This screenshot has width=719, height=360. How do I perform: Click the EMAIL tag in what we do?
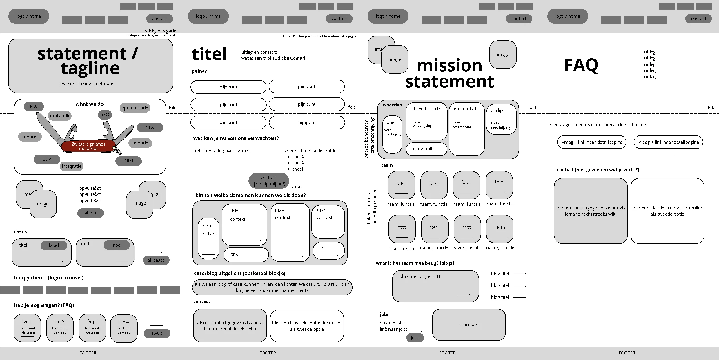[34, 106]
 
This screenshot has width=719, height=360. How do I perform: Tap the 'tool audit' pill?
[59, 116]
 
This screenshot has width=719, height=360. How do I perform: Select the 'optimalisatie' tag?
[135, 108]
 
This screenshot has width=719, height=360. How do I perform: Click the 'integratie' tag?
[71, 166]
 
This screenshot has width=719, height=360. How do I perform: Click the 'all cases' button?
[156, 260]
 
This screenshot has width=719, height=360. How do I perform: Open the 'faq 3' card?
[92, 328]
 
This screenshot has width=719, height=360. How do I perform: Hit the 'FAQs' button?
[157, 333]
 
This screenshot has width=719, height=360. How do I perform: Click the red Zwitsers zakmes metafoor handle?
[88, 146]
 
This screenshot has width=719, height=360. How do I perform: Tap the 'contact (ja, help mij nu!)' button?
[268, 180]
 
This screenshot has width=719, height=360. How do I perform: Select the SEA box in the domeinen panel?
[246, 255]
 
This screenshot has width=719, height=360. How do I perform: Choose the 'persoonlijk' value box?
[426, 149]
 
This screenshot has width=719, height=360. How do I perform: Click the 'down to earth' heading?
[426, 109]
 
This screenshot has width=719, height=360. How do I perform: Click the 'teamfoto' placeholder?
[469, 324]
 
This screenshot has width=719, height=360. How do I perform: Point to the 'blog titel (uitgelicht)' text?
[419, 276]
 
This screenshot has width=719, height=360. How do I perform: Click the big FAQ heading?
[581, 65]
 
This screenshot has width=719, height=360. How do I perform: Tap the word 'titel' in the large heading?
[209, 54]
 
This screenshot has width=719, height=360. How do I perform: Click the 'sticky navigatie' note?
[160, 31]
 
